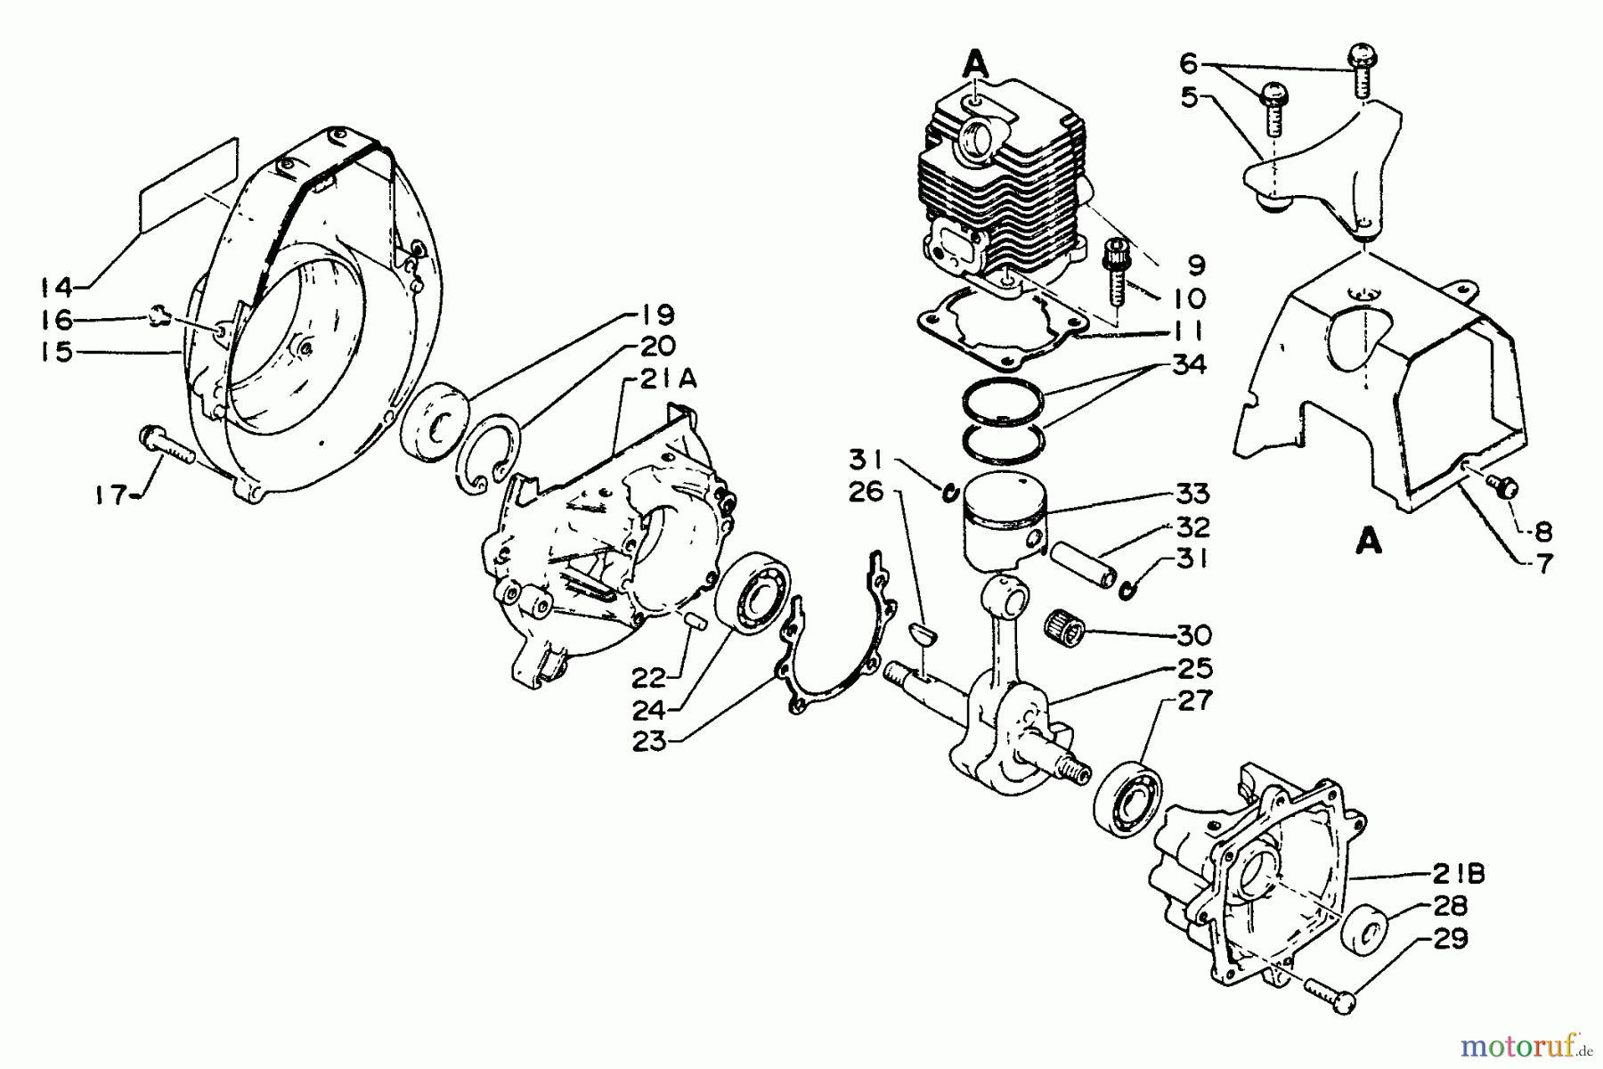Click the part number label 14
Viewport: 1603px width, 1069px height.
[x=56, y=287]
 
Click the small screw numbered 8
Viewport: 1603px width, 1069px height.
[x=1503, y=486]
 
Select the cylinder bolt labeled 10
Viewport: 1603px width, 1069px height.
[x=1117, y=268]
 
